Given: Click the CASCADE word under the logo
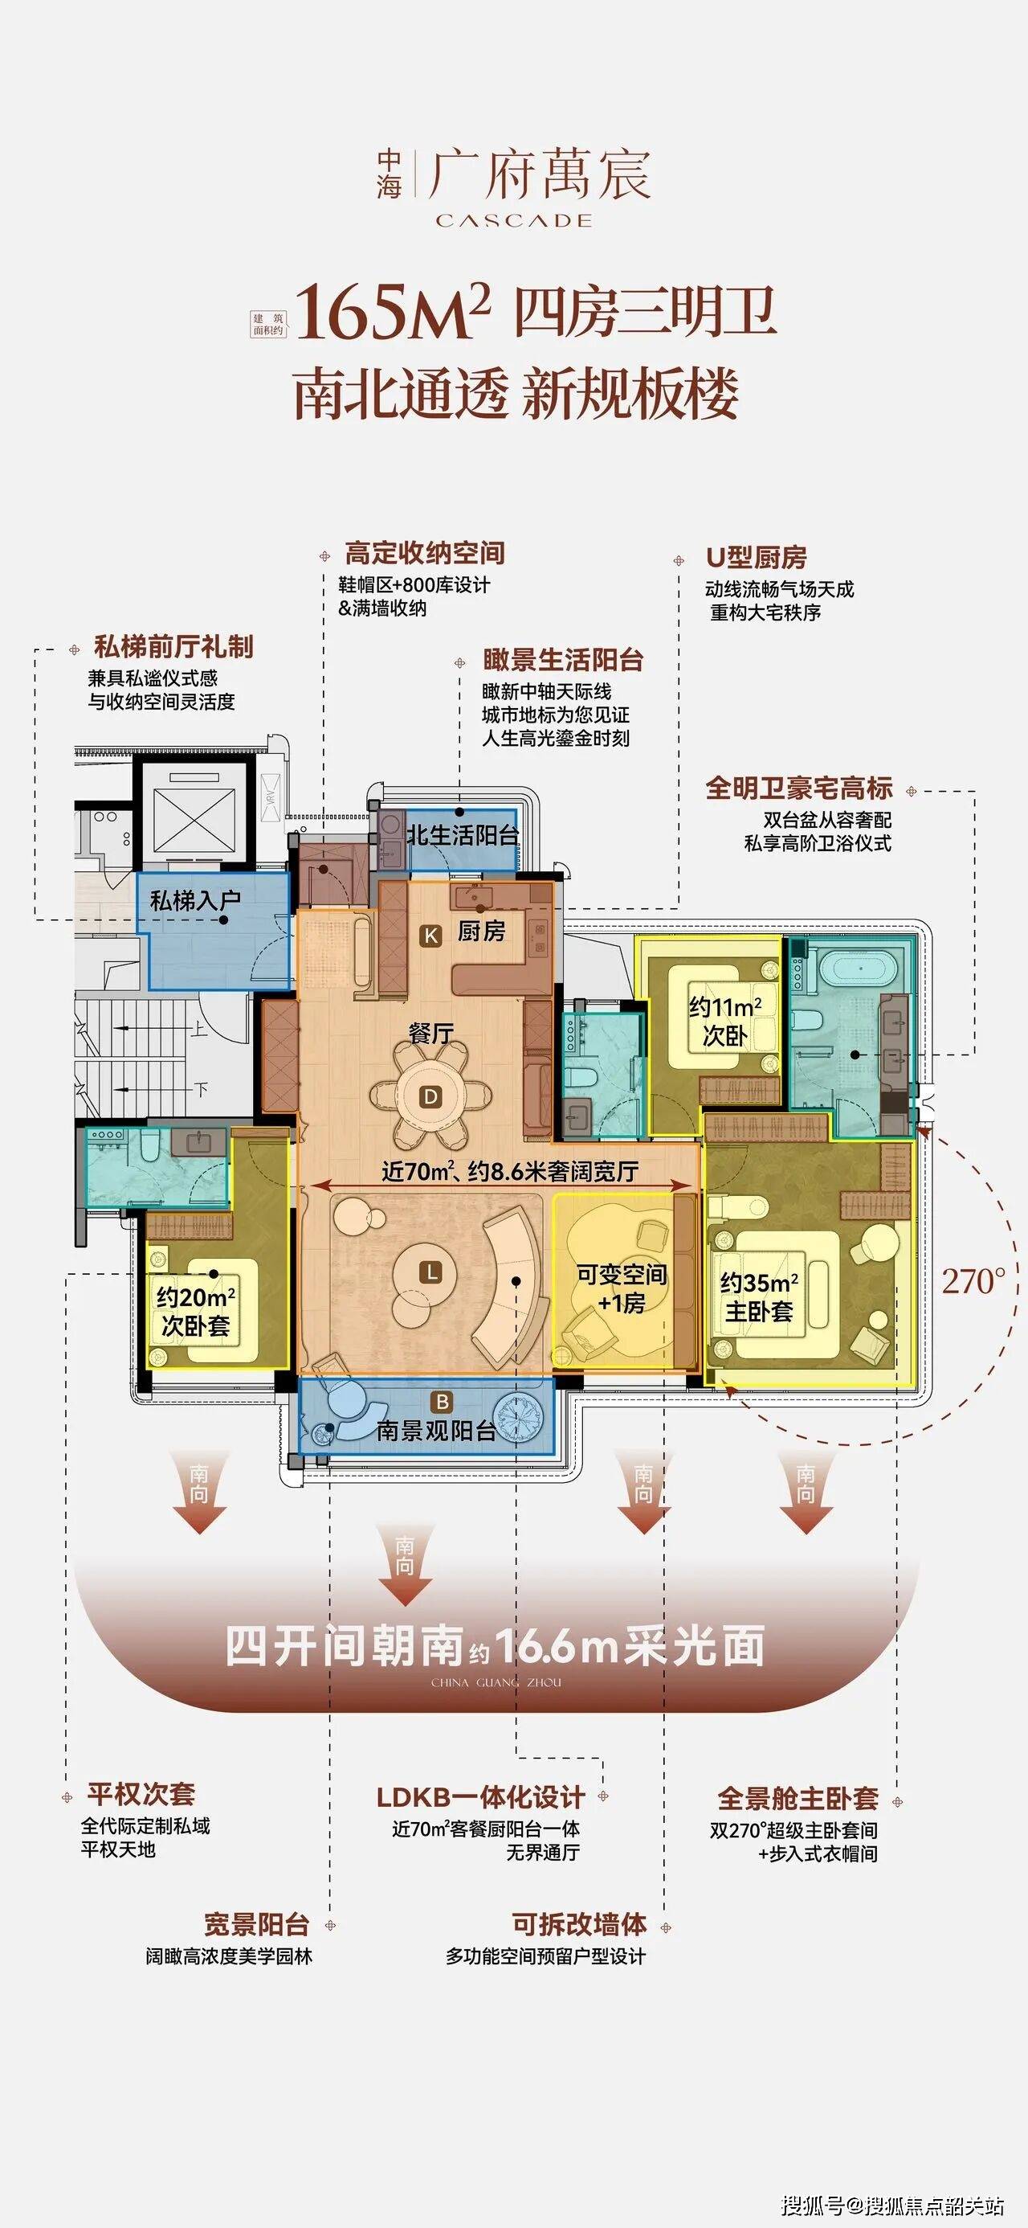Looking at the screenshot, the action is (513, 220).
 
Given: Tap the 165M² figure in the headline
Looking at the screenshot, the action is (394, 310).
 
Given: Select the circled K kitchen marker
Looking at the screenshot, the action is (430, 934).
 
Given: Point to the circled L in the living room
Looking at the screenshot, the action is (430, 1272).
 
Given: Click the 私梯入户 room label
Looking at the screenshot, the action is (194, 901).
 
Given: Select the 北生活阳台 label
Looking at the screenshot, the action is (463, 834).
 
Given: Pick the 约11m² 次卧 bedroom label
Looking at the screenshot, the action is (725, 1021).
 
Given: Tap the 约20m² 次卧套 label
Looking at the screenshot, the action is (195, 1311).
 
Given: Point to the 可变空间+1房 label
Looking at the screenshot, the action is (622, 1288).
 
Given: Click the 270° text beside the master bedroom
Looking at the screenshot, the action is (974, 1281).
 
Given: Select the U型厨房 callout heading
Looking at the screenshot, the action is (757, 558).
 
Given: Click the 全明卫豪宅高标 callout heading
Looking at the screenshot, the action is (799, 788).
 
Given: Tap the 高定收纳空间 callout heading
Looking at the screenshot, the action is (425, 554).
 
